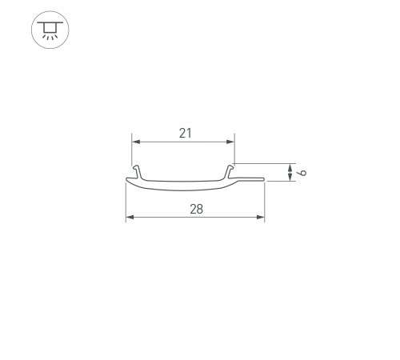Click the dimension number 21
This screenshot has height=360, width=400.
185,134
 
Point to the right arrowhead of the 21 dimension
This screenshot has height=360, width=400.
232,142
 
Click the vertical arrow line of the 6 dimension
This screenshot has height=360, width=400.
288,172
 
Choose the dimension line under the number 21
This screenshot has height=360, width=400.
184,142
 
